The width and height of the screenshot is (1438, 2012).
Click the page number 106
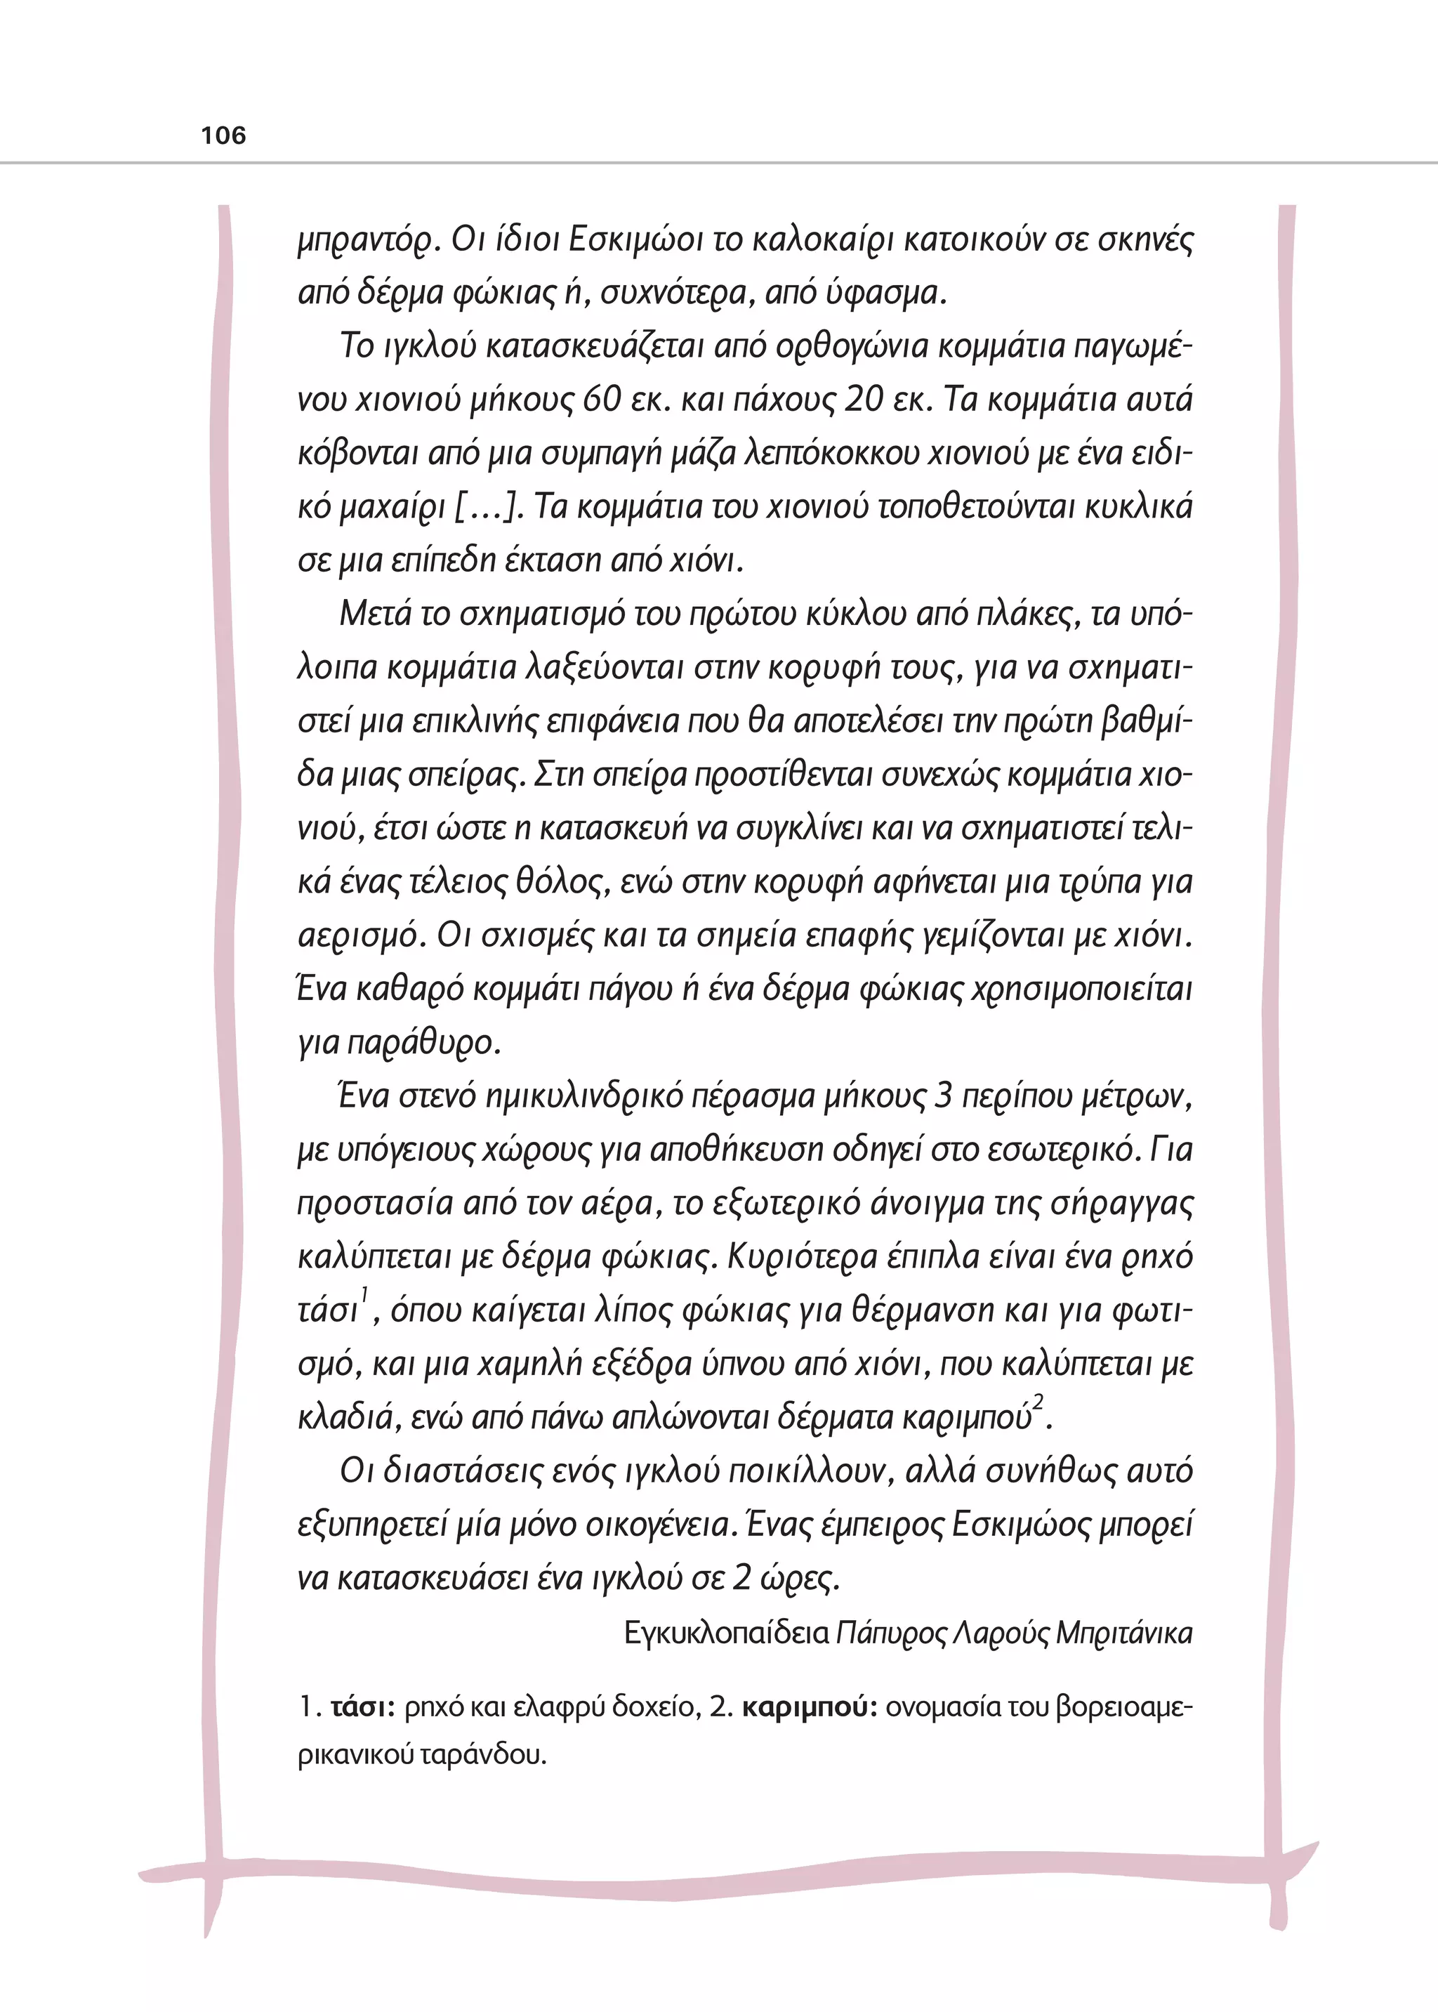(223, 136)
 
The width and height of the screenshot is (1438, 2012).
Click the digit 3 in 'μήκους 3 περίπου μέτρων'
(943, 1096)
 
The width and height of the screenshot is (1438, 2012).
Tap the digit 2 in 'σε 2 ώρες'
(742, 1578)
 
